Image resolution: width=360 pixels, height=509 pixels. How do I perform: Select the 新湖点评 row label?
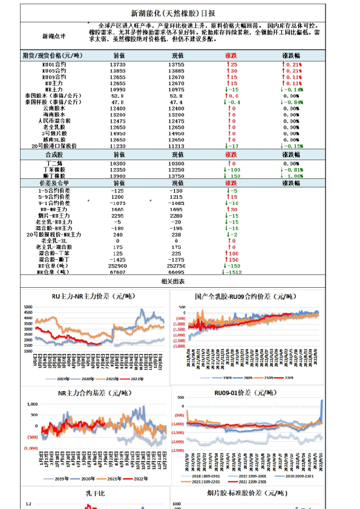coord(53,37)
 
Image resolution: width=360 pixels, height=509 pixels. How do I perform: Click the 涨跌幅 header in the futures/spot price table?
coord(293,55)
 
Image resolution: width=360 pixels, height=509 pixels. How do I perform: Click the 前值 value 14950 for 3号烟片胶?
coord(118,133)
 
